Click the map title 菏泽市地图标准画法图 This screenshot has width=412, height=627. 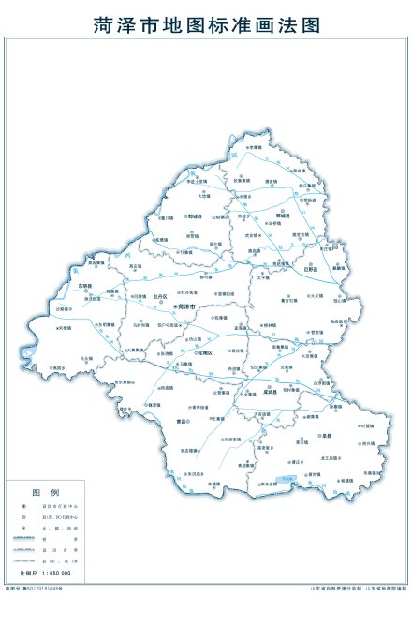tap(206, 24)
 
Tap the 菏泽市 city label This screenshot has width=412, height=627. tap(187, 306)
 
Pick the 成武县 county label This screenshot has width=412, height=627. tap(272, 393)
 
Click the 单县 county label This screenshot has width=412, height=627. tap(327, 436)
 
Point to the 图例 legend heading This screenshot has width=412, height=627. tap(46, 492)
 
